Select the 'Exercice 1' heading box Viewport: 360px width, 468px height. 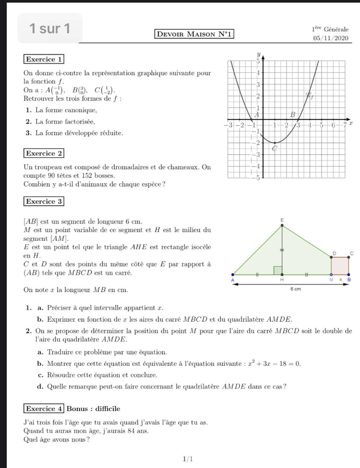click(44, 59)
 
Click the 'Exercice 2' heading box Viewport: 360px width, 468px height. click(44, 153)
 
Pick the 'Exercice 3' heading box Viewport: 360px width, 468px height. click(44, 201)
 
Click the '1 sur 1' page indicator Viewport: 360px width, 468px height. click(49, 28)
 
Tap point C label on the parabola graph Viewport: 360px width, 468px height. click(275, 149)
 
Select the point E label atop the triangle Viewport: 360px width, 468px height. click(282, 219)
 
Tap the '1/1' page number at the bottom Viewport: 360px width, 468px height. click(188, 459)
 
